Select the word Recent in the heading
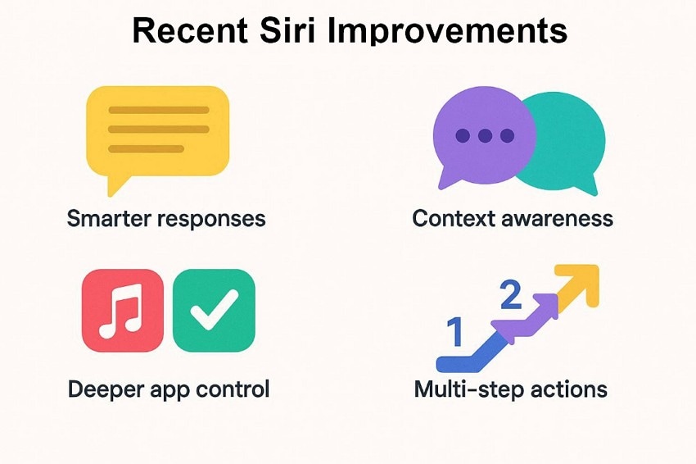[189, 31]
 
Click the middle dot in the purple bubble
[486, 135]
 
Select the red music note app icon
[124, 310]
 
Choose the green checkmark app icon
[214, 310]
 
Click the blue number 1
[456, 334]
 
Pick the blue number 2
[510, 296]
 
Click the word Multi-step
[463, 389]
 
